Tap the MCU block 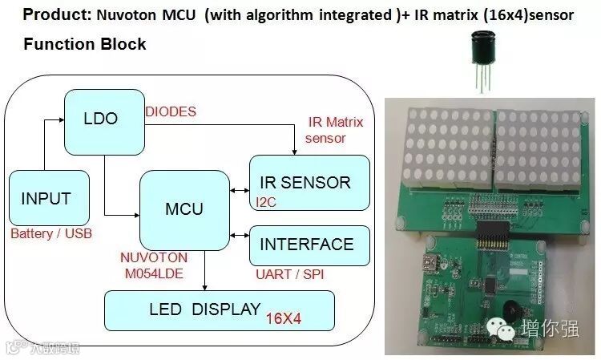coord(184,209)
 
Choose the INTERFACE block coord(309,245)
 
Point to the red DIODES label coord(170,112)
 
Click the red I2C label coord(265,202)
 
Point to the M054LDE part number coord(154,273)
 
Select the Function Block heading coord(85,44)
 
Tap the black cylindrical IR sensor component coord(482,49)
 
